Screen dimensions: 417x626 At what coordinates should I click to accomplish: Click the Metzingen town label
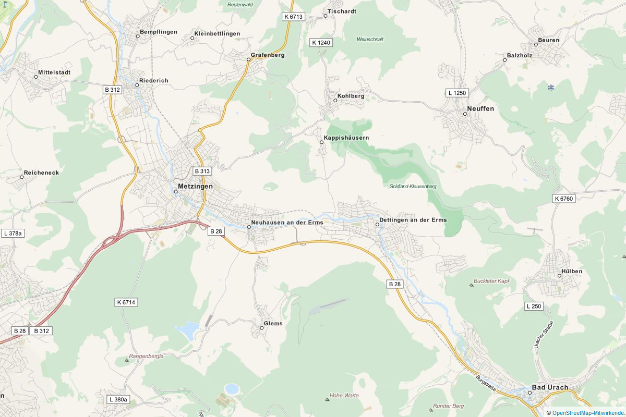[195, 186]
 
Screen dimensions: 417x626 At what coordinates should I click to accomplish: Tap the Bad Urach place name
[550, 387]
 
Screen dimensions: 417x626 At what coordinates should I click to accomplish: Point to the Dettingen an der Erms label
[413, 220]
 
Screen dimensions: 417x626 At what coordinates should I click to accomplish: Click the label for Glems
[273, 323]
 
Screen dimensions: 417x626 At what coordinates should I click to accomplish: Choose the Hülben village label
[572, 272]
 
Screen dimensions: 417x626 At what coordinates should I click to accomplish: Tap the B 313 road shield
[202, 171]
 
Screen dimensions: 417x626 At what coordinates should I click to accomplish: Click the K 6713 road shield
[293, 17]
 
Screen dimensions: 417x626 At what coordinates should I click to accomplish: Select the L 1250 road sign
[458, 93]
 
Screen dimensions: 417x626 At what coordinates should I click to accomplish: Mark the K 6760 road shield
[563, 199]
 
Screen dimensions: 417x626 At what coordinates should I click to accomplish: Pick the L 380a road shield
[118, 399]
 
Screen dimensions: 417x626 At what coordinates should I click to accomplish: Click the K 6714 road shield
[126, 302]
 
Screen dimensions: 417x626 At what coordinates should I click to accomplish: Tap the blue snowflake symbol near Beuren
[551, 87]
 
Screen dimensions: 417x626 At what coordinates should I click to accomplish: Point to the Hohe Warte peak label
[345, 395]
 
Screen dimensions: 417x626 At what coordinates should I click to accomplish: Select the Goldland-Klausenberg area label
[413, 186]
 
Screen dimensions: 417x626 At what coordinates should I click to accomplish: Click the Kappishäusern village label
[346, 138]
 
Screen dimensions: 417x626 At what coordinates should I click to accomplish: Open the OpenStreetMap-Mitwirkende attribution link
[588, 413]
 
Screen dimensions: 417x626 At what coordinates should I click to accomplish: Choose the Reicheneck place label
[41, 172]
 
